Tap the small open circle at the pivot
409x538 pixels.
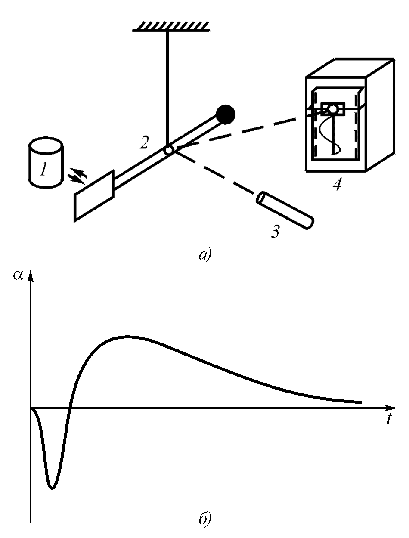point(169,150)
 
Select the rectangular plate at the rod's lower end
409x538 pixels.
point(94,196)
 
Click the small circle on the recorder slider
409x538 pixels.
point(332,109)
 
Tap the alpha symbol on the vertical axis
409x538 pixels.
point(18,276)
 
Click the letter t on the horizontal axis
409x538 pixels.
point(389,419)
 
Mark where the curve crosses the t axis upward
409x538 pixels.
point(70,407)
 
